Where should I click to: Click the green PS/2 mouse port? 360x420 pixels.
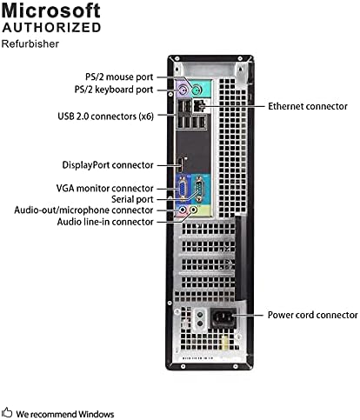[197, 90]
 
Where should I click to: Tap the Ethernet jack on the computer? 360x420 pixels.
[198, 105]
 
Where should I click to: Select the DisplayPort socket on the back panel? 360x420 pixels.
[180, 166]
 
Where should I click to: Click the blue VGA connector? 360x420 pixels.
[183, 189]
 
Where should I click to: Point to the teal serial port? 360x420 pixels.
[198, 189]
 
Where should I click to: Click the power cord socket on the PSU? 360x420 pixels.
[223, 318]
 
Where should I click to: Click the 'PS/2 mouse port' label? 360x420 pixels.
[119, 77]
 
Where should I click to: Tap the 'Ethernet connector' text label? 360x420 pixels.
[308, 106]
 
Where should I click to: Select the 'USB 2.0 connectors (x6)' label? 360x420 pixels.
[105, 117]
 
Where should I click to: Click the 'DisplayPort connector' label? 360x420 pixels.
[108, 165]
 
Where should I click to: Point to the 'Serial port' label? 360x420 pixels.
[132, 199]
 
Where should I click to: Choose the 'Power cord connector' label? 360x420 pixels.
[312, 315]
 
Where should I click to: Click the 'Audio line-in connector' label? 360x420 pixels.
[105, 222]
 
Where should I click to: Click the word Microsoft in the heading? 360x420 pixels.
[51, 10]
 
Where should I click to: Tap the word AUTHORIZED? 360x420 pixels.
[51, 28]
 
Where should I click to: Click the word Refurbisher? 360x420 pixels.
[30, 44]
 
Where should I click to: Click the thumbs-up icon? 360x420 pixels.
[7, 412]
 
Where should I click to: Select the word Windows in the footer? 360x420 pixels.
[96, 414]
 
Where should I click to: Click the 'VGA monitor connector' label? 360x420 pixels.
[104, 189]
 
